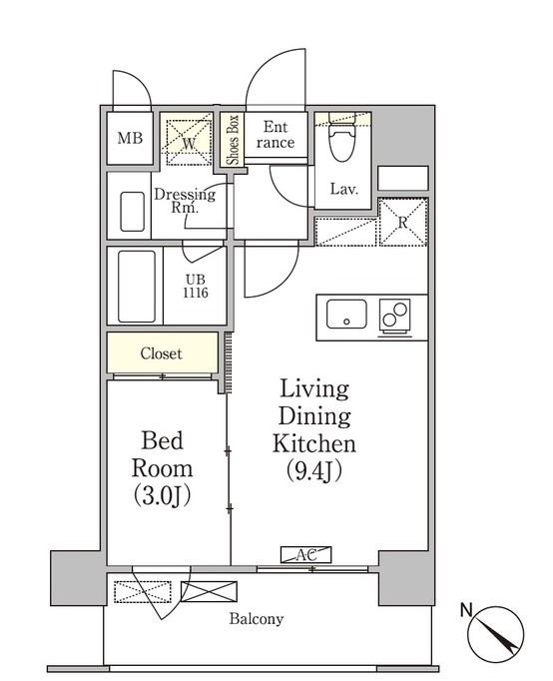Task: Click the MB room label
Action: tap(130, 139)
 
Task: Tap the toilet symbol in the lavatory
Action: tap(342, 137)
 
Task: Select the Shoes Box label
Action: tap(234, 140)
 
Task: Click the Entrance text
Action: tap(276, 135)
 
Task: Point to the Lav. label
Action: tap(343, 189)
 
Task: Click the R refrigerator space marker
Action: tap(403, 222)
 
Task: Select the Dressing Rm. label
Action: tap(185, 201)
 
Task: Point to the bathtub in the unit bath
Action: tap(137, 287)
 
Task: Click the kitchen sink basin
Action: tap(346, 314)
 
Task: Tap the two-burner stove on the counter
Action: tap(395, 316)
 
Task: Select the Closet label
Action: tap(161, 353)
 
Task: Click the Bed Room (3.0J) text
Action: tap(162, 468)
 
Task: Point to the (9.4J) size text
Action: tap(314, 470)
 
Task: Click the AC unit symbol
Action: tap(306, 554)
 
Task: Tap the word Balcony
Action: tap(257, 618)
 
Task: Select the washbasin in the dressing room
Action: tap(133, 212)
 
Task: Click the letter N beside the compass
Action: tap(466, 610)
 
